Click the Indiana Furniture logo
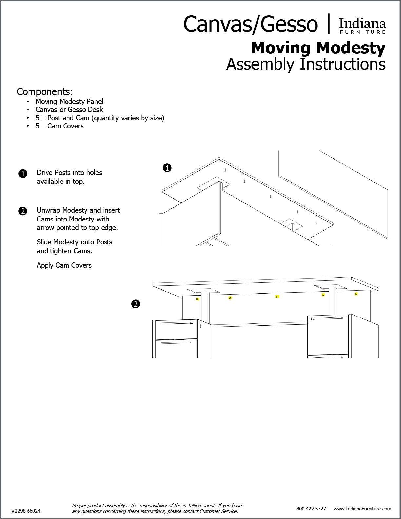tap(362, 26)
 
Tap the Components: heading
tap(45, 91)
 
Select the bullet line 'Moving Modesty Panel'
tap(69, 102)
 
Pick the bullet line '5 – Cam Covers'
tap(59, 126)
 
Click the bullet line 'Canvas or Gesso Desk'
tap(69, 110)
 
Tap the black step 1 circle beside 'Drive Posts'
tap(23, 174)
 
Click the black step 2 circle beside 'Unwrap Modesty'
tap(23, 211)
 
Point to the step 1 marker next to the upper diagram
tap(167, 168)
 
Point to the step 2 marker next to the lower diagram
tap(135, 304)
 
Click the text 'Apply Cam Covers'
tap(64, 265)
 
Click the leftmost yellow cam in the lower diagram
tap(197, 299)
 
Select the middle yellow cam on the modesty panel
tap(277, 297)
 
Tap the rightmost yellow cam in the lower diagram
tap(356, 294)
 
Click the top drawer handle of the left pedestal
tap(176, 323)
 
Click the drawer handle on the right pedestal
tap(327, 318)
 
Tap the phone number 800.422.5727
tap(311, 509)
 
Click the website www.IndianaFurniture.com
tap(362, 509)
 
